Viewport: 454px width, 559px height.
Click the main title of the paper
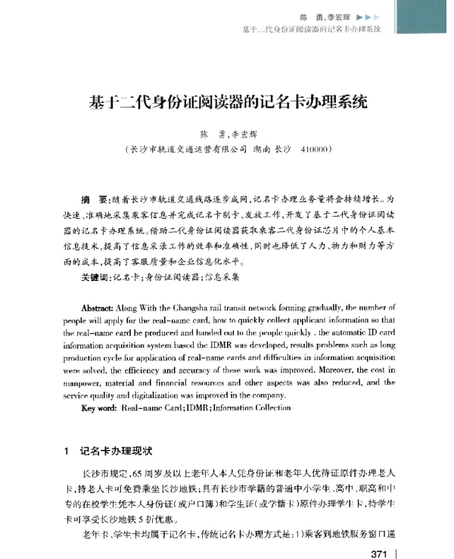(x=227, y=100)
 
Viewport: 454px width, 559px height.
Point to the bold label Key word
(x=98, y=408)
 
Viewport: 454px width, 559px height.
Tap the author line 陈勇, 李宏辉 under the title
(x=227, y=132)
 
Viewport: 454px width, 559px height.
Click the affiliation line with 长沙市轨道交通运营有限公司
(x=227, y=149)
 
